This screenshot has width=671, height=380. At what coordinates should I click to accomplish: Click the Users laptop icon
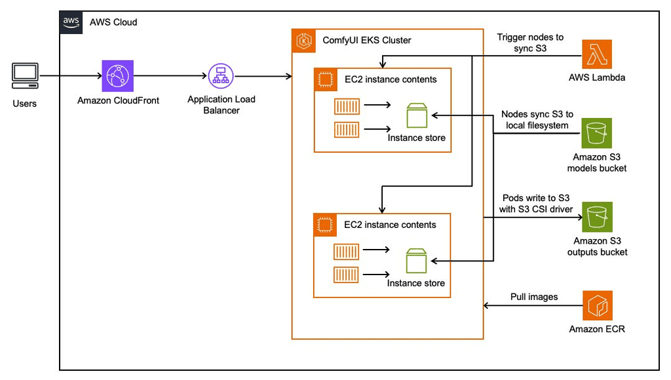[24, 76]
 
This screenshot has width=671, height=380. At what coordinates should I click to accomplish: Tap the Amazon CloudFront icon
[117, 76]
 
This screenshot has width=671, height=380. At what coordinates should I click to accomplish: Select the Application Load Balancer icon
[221, 77]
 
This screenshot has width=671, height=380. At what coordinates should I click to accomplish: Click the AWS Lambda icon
[597, 55]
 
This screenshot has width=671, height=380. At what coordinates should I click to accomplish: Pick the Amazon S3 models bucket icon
[597, 134]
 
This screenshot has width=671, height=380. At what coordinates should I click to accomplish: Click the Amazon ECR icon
[597, 306]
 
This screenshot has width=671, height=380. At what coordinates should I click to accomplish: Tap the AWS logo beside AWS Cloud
[71, 22]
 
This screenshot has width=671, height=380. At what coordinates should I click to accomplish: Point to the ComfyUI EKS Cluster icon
[304, 41]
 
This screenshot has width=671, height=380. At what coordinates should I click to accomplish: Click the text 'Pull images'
[534, 297]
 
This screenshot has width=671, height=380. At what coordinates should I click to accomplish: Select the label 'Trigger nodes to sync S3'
[530, 43]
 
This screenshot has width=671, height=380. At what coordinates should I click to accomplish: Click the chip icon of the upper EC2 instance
[324, 79]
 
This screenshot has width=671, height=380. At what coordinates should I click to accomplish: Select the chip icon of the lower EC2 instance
[324, 225]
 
